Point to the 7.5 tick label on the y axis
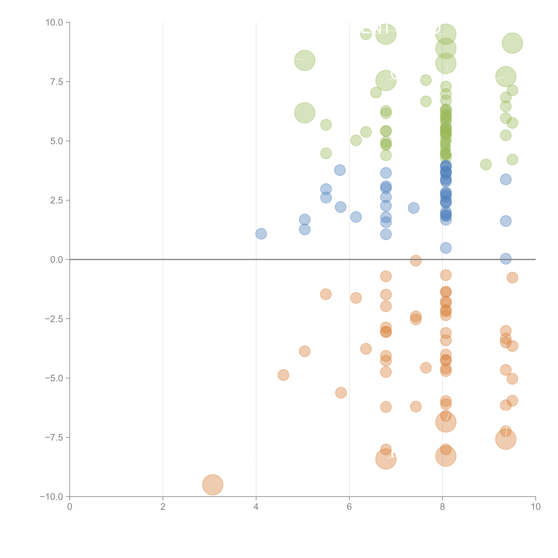[57, 82]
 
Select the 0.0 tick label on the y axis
[57, 260]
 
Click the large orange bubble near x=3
[213, 485]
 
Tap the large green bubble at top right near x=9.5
[512, 43]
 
